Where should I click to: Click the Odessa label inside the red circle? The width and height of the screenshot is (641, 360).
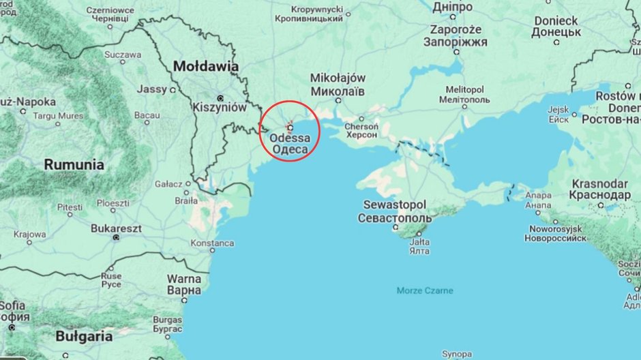point(290,138)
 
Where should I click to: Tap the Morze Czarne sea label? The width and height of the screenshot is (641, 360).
point(425,291)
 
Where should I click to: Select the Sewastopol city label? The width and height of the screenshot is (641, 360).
point(394,205)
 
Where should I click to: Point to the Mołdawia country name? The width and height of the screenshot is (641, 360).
point(206,67)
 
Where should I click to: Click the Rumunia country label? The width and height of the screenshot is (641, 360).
point(74,164)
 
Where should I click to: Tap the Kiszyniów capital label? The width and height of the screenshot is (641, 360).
point(219,107)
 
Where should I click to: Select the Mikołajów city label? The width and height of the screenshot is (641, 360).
point(338,78)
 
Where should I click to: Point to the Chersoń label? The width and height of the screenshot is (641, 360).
point(361,127)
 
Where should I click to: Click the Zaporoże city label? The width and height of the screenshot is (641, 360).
point(456,30)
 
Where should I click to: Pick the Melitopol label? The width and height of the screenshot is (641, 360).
point(464,90)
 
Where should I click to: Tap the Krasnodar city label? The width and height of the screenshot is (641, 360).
point(599,184)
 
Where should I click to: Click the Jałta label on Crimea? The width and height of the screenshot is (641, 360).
point(420,242)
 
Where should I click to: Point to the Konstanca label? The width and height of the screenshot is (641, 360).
point(212,243)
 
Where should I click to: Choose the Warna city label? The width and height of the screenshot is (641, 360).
point(184,279)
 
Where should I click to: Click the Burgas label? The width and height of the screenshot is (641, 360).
point(167,319)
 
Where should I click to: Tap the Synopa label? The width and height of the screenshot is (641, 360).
point(456,355)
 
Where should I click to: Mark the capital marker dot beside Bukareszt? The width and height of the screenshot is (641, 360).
point(117,237)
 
